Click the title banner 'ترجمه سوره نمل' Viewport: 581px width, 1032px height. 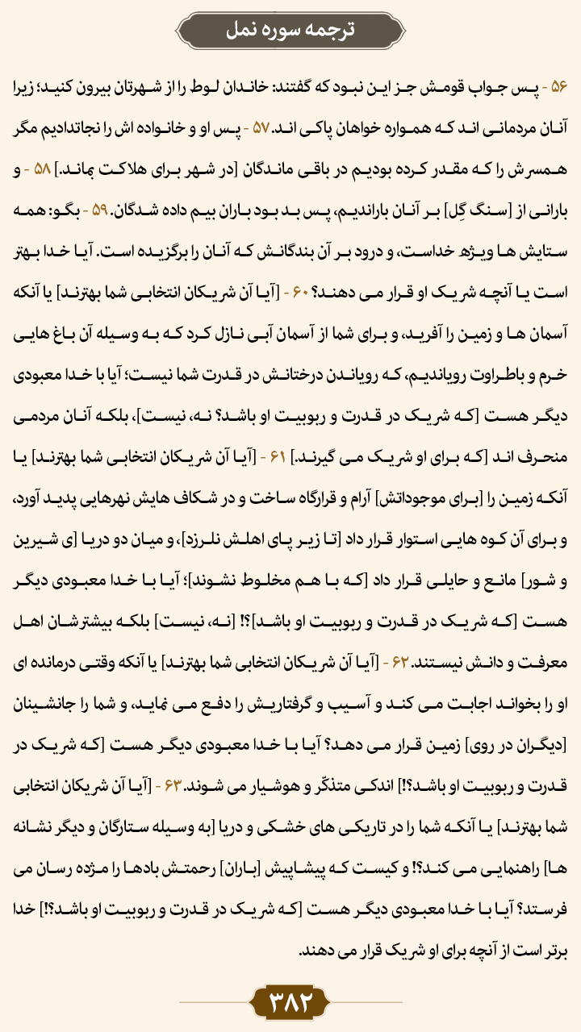tap(290, 30)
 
